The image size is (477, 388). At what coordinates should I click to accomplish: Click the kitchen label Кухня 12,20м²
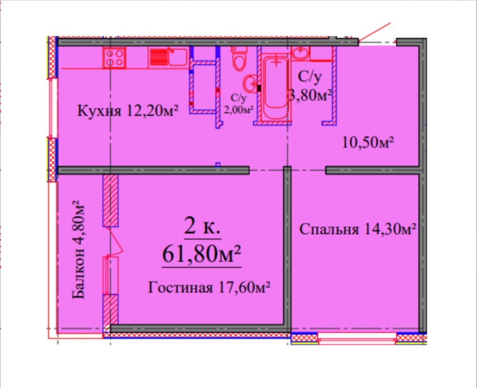[x=128, y=110]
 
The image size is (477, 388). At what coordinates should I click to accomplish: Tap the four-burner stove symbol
[x=114, y=58]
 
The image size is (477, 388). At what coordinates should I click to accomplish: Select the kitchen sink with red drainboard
[x=168, y=57]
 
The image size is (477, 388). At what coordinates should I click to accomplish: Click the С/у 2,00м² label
[x=239, y=104]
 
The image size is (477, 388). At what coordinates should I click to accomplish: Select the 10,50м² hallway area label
[x=368, y=142]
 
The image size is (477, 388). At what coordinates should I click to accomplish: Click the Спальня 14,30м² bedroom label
[x=358, y=229]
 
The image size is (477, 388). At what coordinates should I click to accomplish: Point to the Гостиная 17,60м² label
[x=209, y=287]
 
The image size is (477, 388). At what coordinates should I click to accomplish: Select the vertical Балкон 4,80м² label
[x=78, y=249]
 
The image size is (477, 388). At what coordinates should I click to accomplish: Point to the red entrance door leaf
[x=374, y=32]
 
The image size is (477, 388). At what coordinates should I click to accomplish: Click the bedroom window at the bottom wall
[x=357, y=339]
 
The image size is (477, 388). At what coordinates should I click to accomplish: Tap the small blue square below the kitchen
[x=218, y=165]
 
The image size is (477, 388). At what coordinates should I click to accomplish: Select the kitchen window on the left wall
[x=53, y=108]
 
